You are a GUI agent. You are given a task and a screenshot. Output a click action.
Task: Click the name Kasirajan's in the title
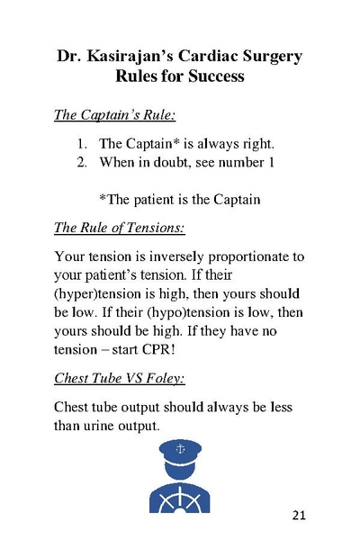click(134, 56)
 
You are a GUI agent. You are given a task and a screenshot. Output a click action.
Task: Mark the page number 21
click(300, 515)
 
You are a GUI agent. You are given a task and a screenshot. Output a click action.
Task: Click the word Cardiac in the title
click(218, 56)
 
